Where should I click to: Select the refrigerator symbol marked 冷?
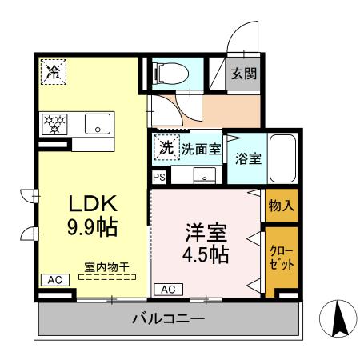(54, 72)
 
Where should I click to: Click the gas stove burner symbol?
(57, 123)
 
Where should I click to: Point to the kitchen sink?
(97, 124)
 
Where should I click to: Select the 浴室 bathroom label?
(246, 158)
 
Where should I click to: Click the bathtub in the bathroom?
(282, 158)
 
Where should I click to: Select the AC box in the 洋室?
(169, 289)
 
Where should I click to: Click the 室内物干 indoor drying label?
(107, 266)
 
